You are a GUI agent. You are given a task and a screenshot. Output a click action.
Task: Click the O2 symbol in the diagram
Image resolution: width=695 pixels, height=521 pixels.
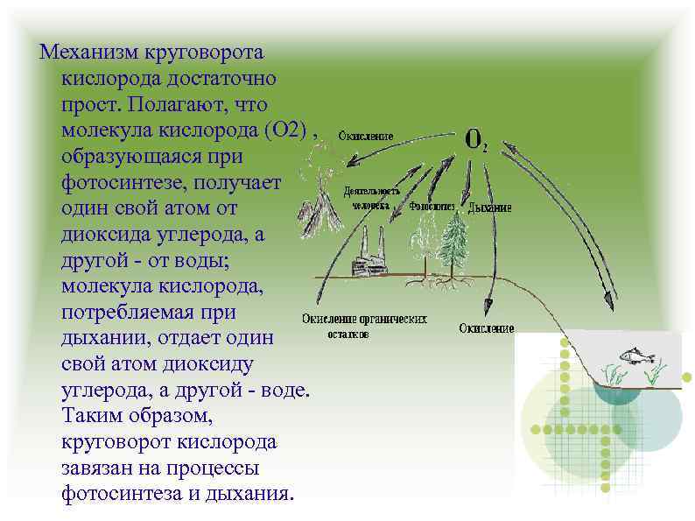tap(475, 140)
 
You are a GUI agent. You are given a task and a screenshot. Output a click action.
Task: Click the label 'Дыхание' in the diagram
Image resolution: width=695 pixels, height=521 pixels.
tap(490, 208)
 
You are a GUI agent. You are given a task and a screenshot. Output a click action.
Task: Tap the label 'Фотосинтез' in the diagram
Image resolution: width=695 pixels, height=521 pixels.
tap(432, 208)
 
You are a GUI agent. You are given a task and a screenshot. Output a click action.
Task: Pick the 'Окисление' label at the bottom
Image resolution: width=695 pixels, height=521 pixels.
tap(486, 328)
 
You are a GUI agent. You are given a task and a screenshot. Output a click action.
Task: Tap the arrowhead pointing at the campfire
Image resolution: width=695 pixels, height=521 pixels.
tap(352, 162)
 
